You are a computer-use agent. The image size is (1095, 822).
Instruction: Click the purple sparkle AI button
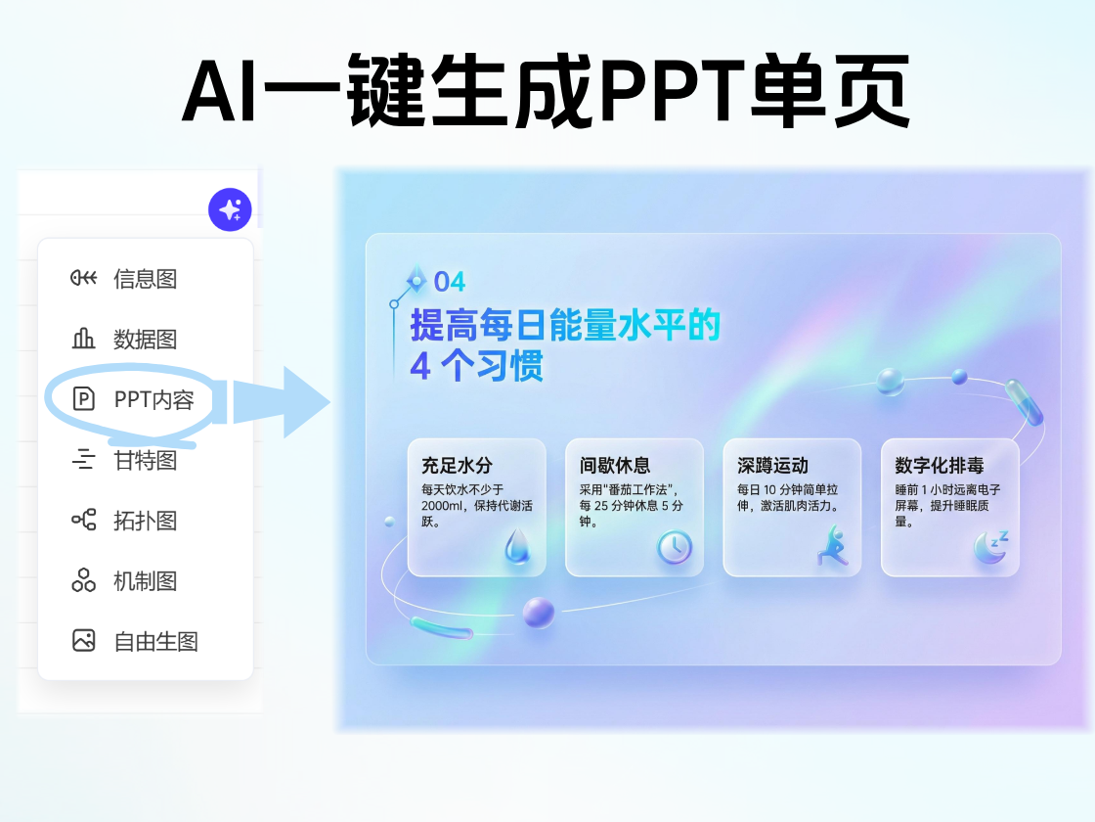pos(230,209)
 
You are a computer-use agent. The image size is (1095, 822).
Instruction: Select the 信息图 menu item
pos(145,279)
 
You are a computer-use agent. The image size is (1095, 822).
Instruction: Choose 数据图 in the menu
pos(145,340)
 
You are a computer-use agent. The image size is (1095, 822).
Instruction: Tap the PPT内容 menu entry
pos(153,399)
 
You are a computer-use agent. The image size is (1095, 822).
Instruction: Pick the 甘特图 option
pos(145,460)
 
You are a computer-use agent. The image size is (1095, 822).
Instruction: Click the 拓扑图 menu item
pos(145,521)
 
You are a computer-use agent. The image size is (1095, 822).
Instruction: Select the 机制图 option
pos(145,581)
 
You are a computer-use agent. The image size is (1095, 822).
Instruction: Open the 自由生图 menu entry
pos(155,642)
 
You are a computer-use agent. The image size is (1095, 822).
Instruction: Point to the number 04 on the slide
pos(450,282)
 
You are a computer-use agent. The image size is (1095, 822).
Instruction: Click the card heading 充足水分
pos(457,466)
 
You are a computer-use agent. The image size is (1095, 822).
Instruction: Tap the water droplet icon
pos(516,546)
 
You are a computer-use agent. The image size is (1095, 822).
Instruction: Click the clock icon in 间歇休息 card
pos(674,547)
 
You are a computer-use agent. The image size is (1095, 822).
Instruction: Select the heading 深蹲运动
pos(772,466)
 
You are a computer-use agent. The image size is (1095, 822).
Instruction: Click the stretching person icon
pos(832,546)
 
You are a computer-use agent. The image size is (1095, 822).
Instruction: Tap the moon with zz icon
pos(990,547)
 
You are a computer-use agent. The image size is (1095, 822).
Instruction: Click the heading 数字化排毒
pos(940,466)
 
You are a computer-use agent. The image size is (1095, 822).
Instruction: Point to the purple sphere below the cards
pos(538,613)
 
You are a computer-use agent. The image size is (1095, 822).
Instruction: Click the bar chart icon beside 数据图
pos(84,340)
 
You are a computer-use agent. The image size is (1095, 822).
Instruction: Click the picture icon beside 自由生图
pos(84,641)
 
